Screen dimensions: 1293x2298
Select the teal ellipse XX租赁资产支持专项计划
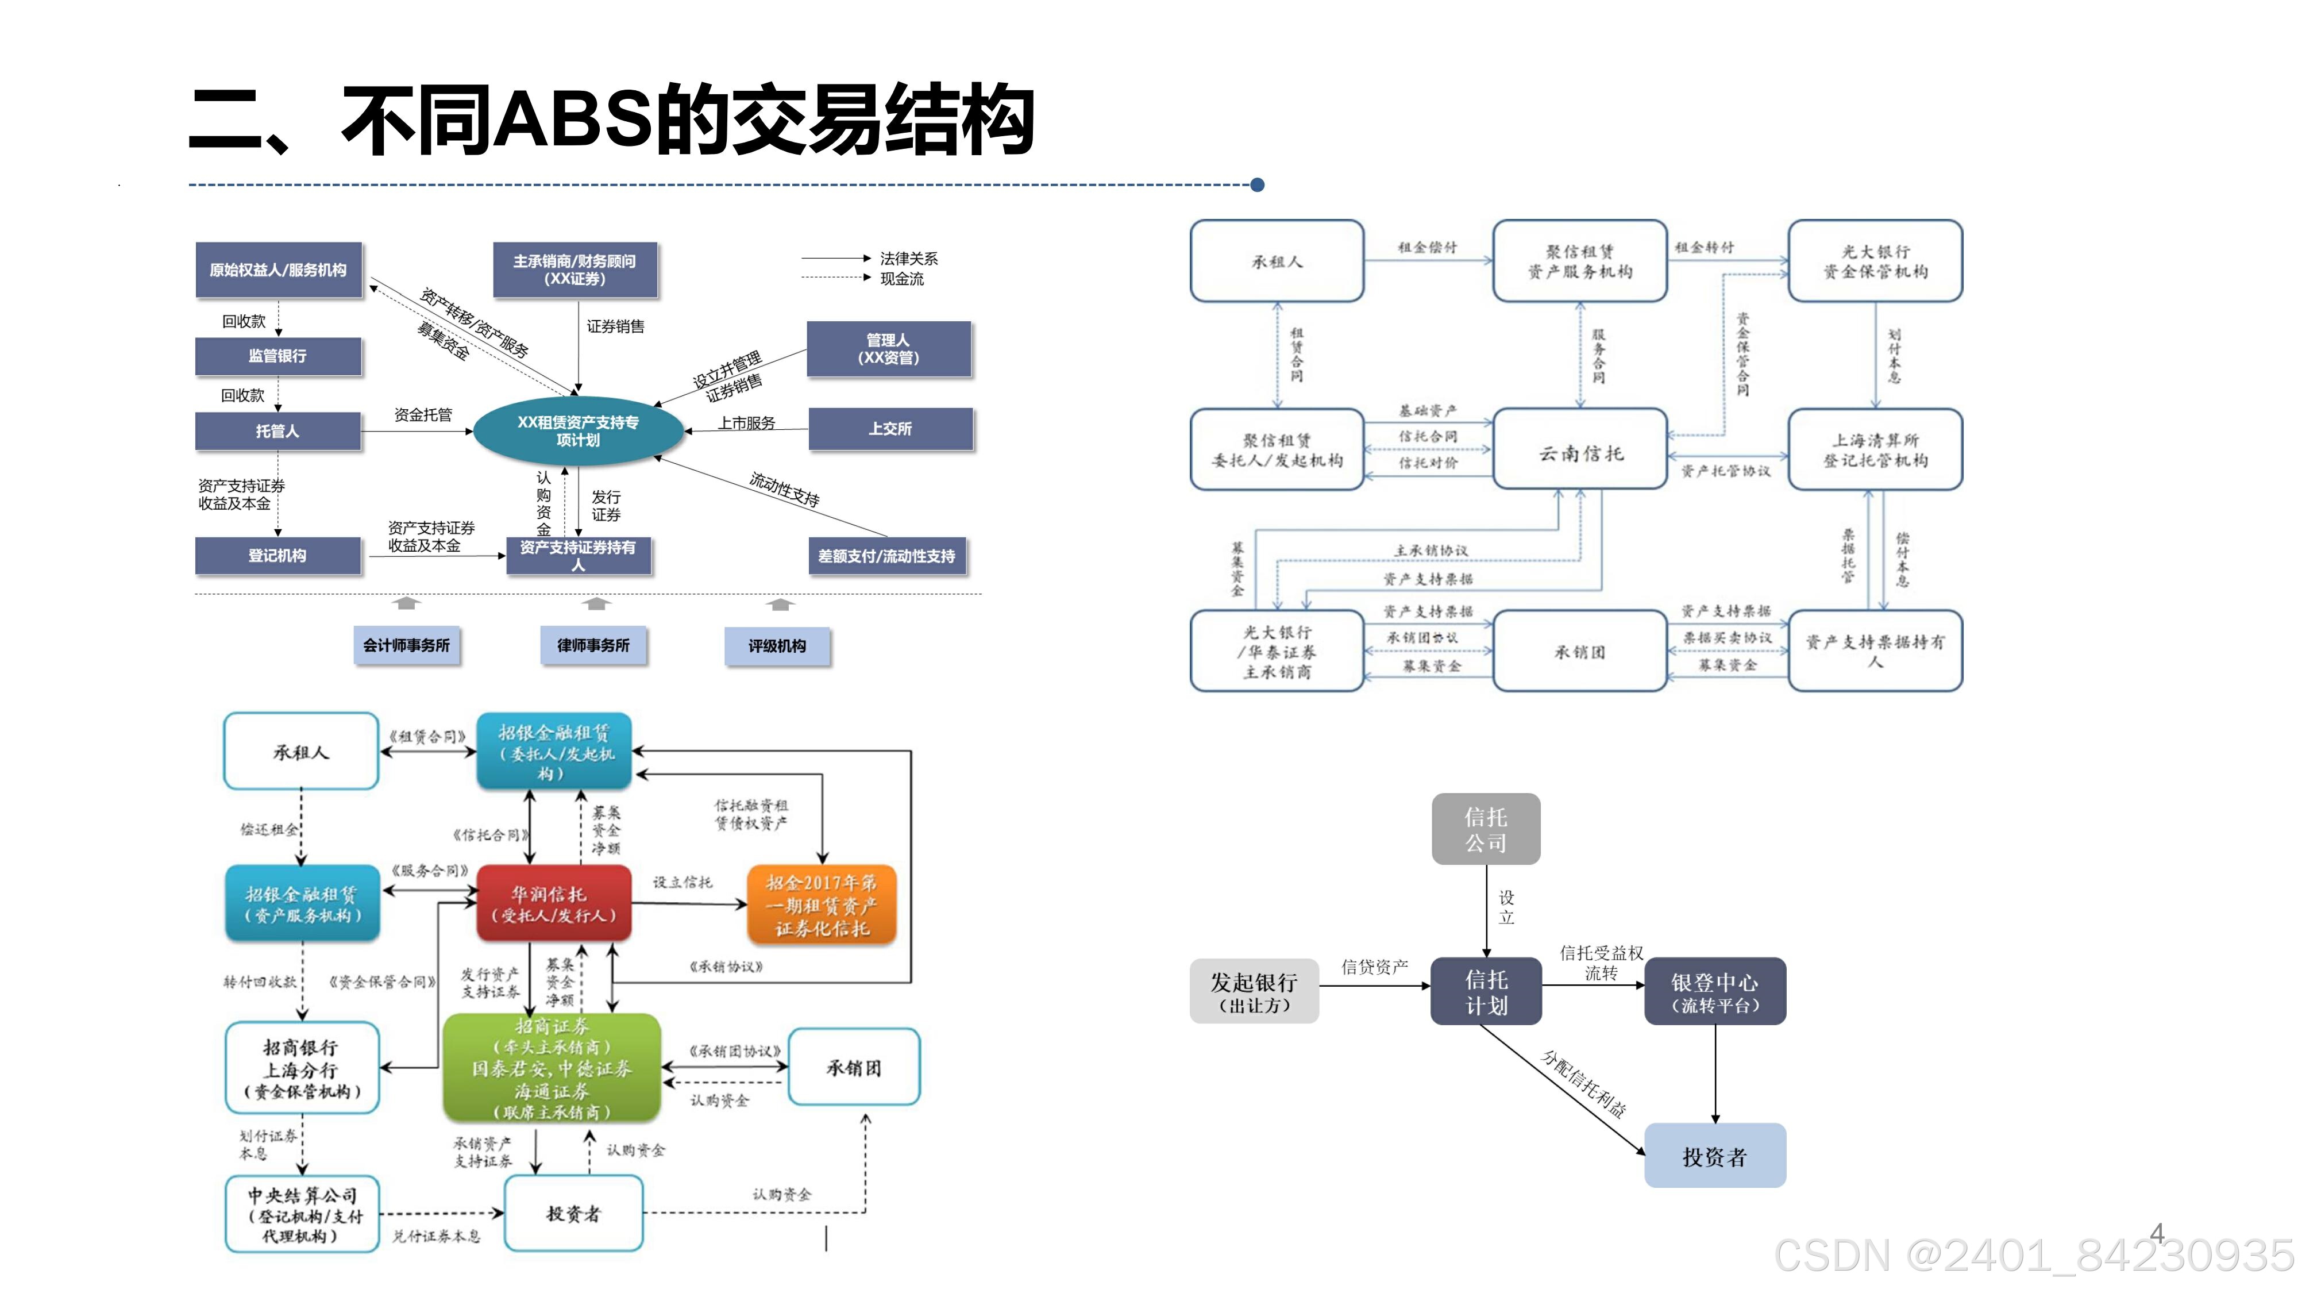[578, 431]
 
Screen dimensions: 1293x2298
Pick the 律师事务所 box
[593, 645]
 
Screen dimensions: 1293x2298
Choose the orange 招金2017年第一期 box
[821, 905]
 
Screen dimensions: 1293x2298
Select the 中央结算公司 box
[302, 1214]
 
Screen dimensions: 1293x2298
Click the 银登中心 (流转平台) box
[1714, 991]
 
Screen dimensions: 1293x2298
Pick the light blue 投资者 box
[1714, 1156]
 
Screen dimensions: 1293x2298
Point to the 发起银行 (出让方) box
[1254, 991]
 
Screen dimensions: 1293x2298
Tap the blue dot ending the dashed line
[1258, 184]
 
